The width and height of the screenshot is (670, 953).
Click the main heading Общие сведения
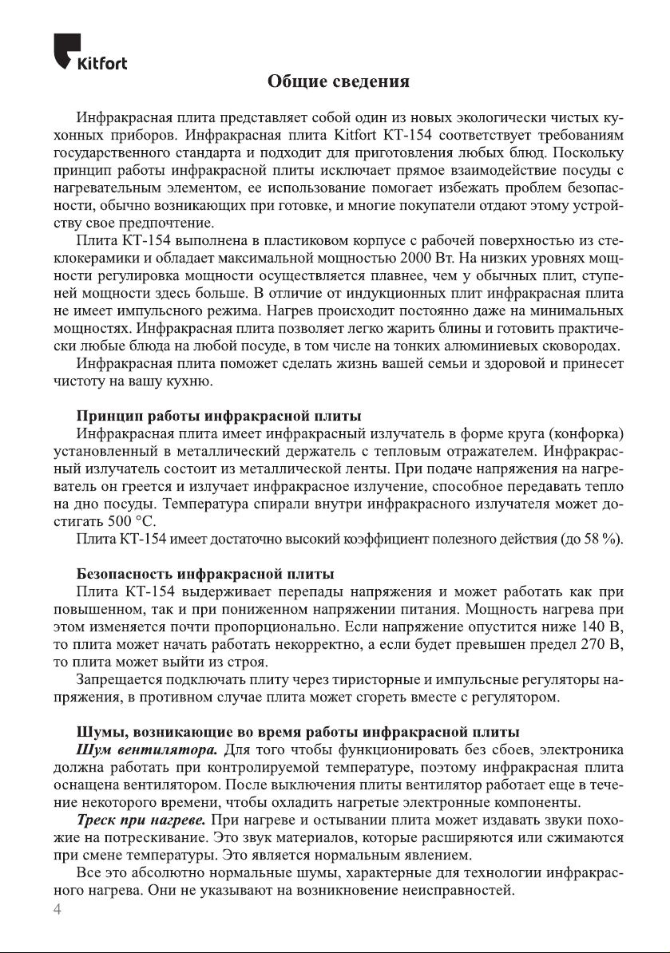click(x=339, y=82)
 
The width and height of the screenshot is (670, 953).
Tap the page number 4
click(x=57, y=911)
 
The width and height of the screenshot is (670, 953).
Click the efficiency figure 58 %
click(x=602, y=539)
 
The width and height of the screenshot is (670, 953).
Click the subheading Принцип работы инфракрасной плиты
click(x=218, y=416)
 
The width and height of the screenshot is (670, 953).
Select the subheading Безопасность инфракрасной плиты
click(x=204, y=574)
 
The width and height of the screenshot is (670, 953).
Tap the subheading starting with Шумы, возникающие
click(x=297, y=732)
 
